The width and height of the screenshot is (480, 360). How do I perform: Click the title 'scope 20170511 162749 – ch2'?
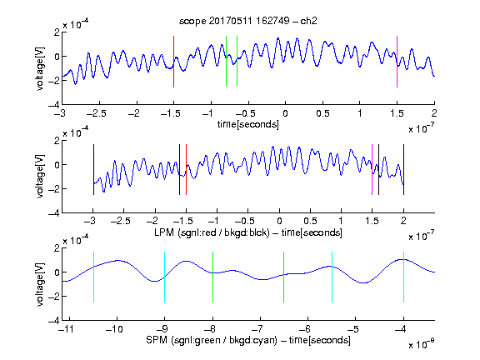click(247, 21)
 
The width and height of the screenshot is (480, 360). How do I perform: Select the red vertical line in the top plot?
click(173, 62)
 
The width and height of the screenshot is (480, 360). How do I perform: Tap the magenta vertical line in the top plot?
click(397, 62)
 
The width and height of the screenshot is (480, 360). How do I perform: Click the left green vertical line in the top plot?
click(226, 61)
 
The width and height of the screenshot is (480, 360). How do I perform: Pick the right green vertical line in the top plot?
click(237, 61)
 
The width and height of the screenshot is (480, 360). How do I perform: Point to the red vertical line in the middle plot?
click(186, 170)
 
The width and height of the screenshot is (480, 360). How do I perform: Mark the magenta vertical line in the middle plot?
click(372, 170)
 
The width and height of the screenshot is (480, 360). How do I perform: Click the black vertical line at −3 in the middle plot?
click(93, 170)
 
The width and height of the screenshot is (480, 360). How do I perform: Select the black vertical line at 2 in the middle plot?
click(404, 170)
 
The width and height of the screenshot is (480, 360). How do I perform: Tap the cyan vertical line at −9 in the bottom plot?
click(165, 277)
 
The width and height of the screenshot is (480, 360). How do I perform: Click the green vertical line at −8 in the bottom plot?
click(212, 277)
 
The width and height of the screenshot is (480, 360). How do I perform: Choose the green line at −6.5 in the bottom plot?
click(284, 277)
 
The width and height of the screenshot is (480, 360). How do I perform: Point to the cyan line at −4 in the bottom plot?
click(404, 277)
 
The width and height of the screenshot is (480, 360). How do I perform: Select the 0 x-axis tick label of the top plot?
click(285, 113)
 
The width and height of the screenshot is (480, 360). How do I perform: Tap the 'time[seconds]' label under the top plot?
click(248, 124)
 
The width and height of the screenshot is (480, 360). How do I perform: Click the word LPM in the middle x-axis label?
click(164, 232)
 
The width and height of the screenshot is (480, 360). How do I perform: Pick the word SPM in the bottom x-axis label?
click(157, 340)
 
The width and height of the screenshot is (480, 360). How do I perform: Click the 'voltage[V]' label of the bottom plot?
click(40, 284)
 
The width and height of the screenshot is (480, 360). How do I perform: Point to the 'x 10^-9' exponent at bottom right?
click(422, 343)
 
